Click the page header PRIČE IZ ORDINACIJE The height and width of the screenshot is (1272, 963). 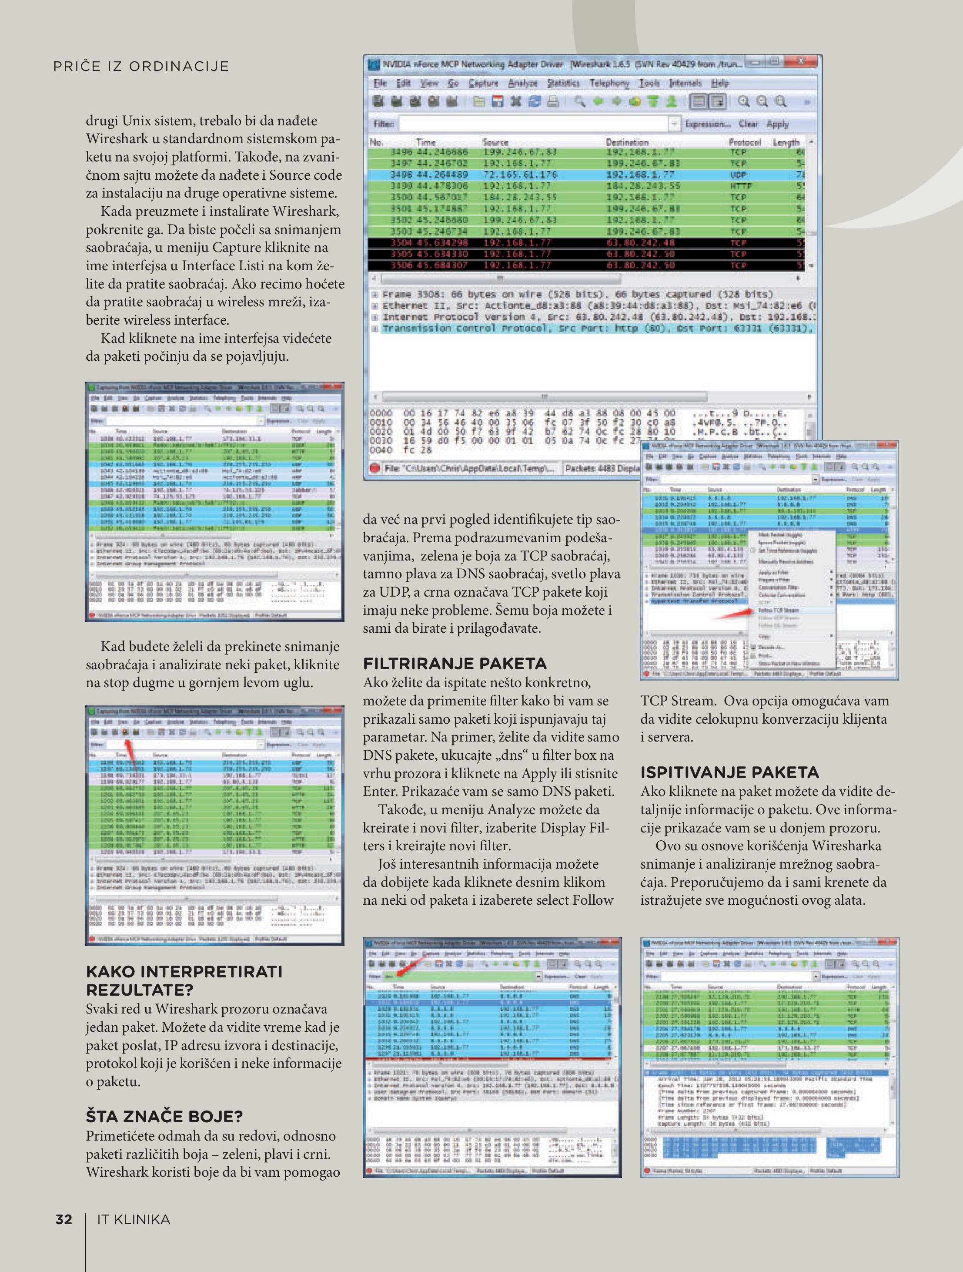[141, 67]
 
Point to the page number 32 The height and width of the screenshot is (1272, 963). [64, 1219]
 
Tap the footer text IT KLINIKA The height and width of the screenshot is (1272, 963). [134, 1219]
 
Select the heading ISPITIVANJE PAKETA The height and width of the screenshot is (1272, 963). [729, 772]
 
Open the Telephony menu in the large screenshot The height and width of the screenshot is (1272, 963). [609, 84]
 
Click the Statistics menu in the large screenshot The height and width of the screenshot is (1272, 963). [563, 84]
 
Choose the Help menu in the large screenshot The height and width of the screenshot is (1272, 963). [720, 84]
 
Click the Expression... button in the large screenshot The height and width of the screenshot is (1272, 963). [707, 124]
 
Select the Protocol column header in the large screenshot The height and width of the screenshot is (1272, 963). [745, 142]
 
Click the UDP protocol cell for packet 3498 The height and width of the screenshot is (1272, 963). [738, 175]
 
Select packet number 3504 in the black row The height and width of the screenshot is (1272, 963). [401, 243]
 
